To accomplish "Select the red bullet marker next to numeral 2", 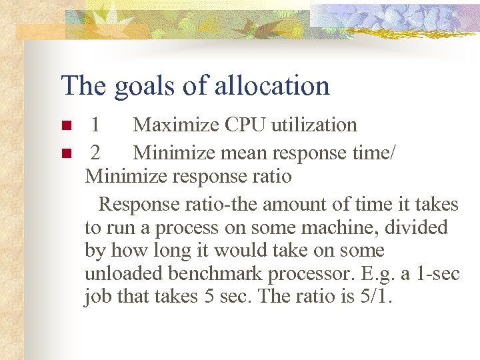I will click(x=66, y=154).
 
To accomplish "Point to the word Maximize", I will click(x=175, y=125).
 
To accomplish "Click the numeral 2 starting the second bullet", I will click(x=95, y=153).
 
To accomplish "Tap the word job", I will click(x=98, y=297).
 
